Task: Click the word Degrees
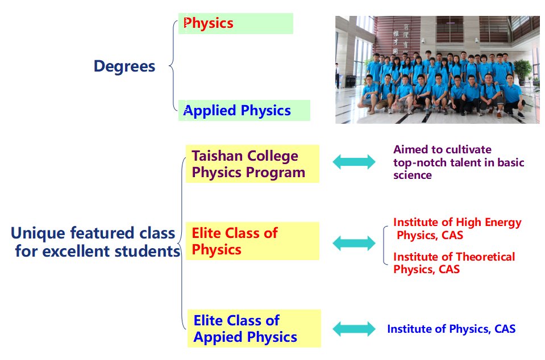pos(124,66)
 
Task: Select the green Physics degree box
pos(236,23)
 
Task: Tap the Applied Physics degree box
pos(244,110)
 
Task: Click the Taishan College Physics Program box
pos(252,164)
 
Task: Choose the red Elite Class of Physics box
pos(252,241)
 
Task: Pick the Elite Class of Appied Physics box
pos(254,328)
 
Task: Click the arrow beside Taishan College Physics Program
pos(354,162)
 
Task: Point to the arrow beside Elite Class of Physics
pos(354,243)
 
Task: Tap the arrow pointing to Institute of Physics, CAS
pos(354,329)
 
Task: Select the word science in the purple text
pos(412,175)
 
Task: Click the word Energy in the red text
pos(503,223)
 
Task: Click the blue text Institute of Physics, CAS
pos(451,329)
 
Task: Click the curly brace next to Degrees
pos(173,65)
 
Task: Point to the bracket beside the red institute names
pos(385,245)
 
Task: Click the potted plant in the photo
pos(523,71)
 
